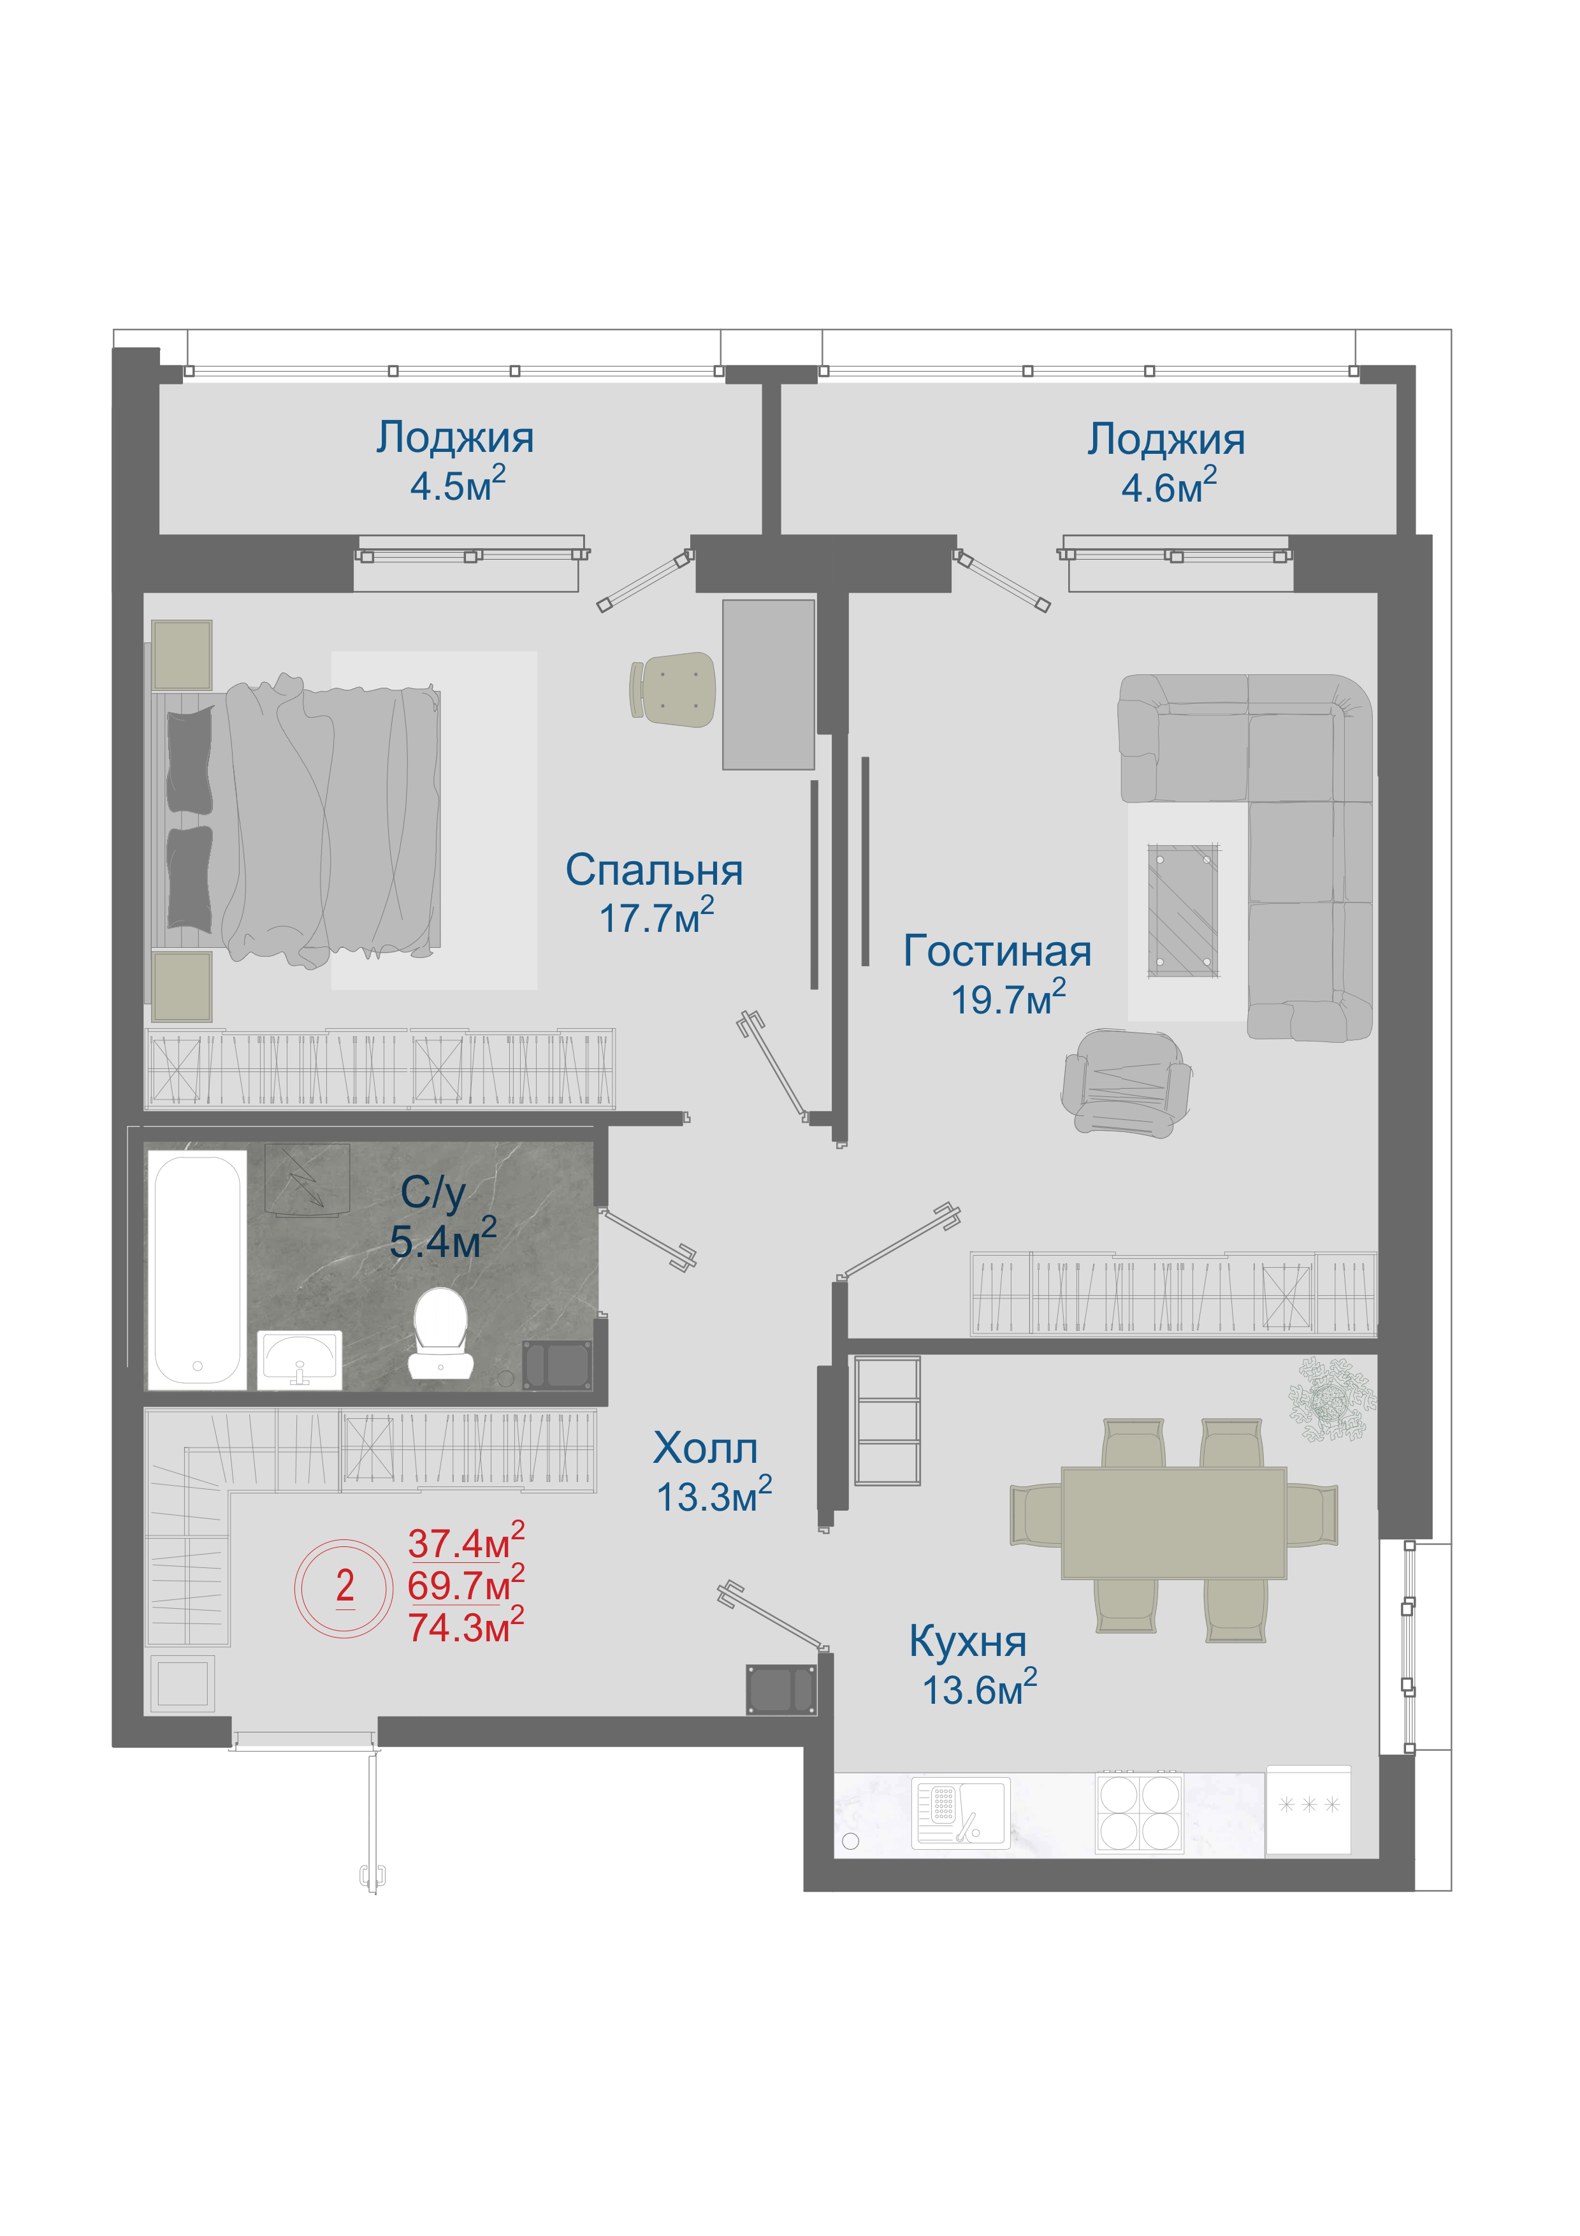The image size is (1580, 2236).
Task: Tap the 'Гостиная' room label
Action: coord(998,952)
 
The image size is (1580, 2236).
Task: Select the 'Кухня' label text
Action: coord(968,1641)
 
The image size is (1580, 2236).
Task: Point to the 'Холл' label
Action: coord(706,1448)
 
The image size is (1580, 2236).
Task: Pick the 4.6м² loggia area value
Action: coord(1169,486)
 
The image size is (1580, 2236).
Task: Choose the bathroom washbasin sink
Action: coord(300,1360)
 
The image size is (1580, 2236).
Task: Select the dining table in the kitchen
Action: coord(1174,1522)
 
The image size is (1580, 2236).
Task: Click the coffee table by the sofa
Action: coord(1183,911)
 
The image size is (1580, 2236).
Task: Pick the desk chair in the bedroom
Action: coord(672,690)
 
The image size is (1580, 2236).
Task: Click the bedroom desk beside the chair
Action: coord(768,685)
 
